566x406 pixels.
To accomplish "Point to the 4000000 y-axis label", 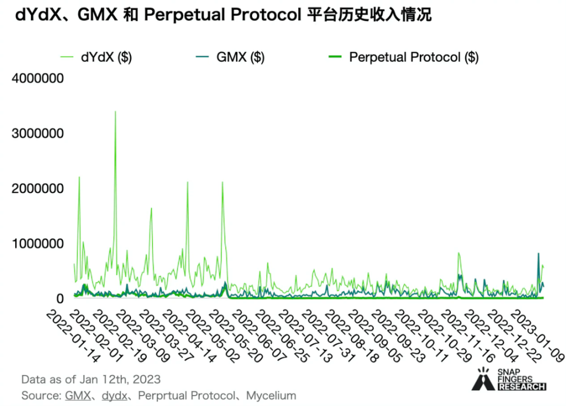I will point(37,79).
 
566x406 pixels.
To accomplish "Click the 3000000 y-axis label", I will point(37,134).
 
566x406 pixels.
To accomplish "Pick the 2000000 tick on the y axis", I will point(37,188).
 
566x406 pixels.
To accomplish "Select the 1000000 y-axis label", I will point(37,243).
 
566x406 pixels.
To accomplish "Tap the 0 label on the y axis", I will point(59,298).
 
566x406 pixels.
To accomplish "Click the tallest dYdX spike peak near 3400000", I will point(115,112).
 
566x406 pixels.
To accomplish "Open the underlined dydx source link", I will point(115,396).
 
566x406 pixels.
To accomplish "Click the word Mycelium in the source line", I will point(271,396).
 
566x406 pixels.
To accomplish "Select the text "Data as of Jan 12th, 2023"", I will point(91,379).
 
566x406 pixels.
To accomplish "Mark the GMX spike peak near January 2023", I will point(538,254).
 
